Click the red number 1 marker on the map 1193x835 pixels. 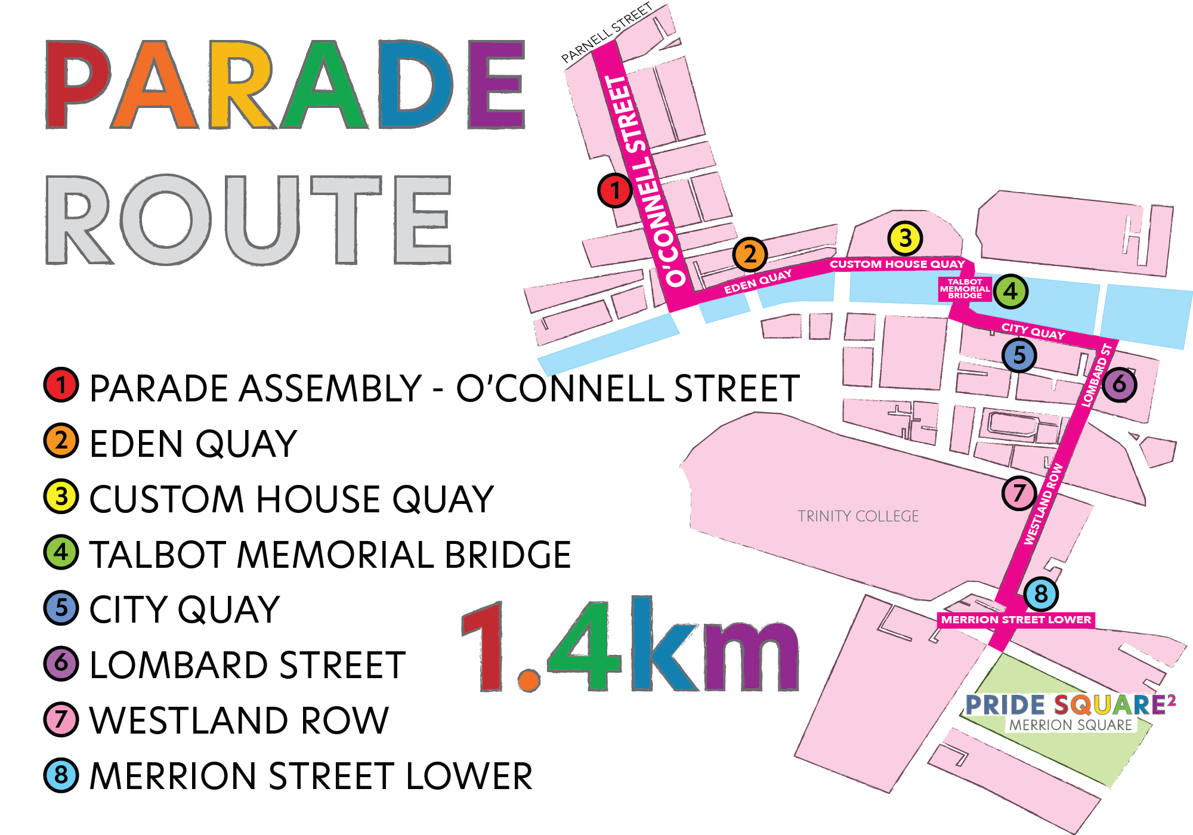(614, 190)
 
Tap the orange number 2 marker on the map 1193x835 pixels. (750, 255)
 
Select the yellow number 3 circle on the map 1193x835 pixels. (905, 238)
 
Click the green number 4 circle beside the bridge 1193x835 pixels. (1010, 291)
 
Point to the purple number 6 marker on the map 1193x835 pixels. (1119, 384)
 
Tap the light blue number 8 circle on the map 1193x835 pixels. (1041, 593)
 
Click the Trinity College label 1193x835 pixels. (858, 516)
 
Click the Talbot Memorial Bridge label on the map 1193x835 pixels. (965, 289)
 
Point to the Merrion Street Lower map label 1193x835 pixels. (1016, 620)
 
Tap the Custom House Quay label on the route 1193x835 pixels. (897, 264)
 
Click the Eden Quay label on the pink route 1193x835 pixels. (758, 282)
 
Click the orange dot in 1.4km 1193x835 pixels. (528, 680)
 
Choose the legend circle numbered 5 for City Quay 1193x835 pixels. (61, 608)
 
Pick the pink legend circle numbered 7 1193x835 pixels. (61, 719)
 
